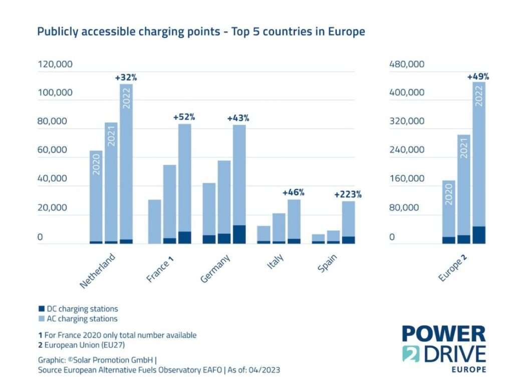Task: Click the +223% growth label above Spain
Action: (x=348, y=195)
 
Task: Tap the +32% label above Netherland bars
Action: (x=126, y=78)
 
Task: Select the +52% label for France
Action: (x=184, y=117)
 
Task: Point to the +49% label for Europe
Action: (x=478, y=77)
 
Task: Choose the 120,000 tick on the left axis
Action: (x=55, y=64)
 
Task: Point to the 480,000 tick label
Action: (x=407, y=64)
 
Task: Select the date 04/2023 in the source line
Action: (x=267, y=370)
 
